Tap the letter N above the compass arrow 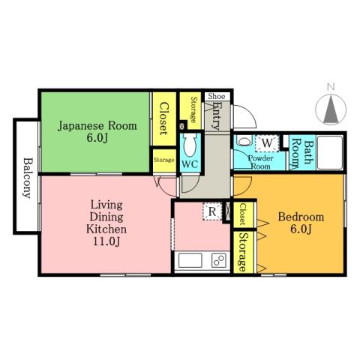tap(330, 87)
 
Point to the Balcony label tap(26, 178)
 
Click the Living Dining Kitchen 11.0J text tap(106, 223)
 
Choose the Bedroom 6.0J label tap(301, 223)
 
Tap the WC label tap(189, 164)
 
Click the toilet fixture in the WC tap(190, 142)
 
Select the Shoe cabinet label tap(216, 96)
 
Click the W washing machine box tap(268, 142)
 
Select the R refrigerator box tap(213, 212)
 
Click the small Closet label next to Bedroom tap(242, 215)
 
